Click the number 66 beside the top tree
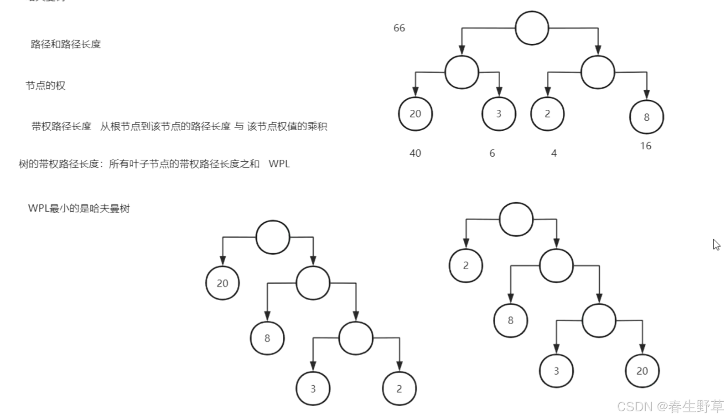pos(399,28)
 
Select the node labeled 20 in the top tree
pos(415,114)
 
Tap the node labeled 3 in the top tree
pos(498,114)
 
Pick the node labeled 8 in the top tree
pos(646,117)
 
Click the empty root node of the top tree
pos(532,28)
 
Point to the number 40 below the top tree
pos(415,153)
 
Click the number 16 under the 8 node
pos(646,146)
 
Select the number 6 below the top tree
pos(492,153)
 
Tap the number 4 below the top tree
pos(554,153)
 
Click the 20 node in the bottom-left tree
pos(223,283)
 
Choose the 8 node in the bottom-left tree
pos(267,338)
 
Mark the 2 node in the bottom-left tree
pos(399,389)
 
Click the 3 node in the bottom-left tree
pos(313,389)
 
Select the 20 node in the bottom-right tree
pos(642,371)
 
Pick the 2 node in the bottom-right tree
pos(466,266)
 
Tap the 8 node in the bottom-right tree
pos(510,321)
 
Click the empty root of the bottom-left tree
pos(273,237)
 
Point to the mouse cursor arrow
pos(716,245)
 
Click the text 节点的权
pos(46,86)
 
